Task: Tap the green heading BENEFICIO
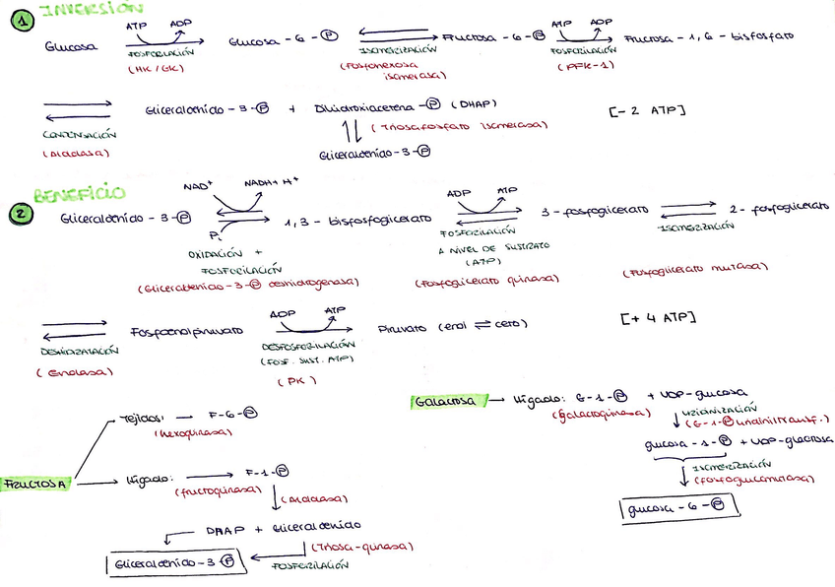[x=79, y=195]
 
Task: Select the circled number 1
[x=14, y=18]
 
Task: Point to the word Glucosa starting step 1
[x=71, y=45]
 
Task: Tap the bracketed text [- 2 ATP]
[x=648, y=110]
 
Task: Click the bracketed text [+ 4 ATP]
[x=659, y=318]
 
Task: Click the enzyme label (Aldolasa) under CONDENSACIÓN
[x=76, y=154]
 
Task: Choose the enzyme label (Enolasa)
[x=75, y=371]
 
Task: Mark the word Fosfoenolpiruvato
[x=186, y=332]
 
